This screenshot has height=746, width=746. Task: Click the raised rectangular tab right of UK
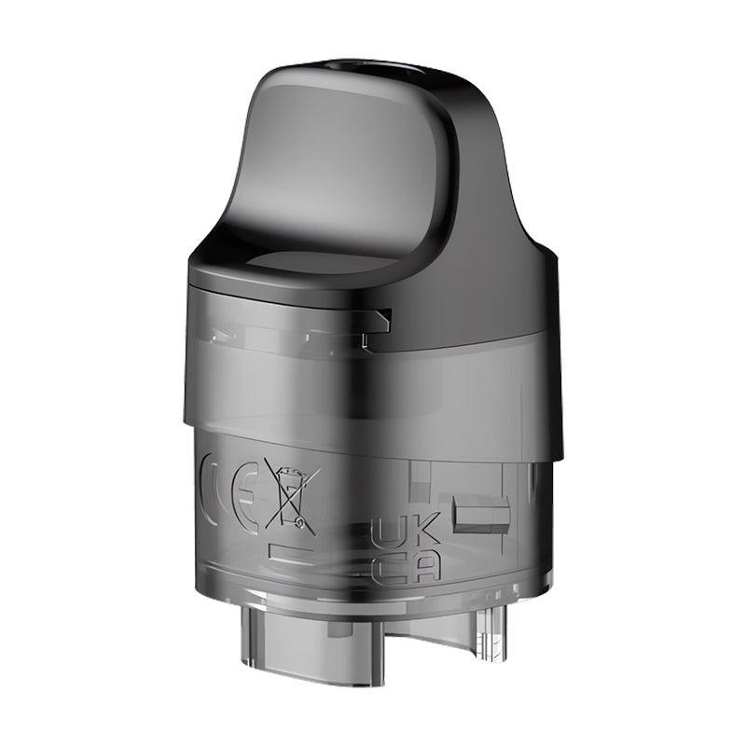tap(480, 515)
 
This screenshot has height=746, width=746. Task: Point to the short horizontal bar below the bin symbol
tap(290, 551)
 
